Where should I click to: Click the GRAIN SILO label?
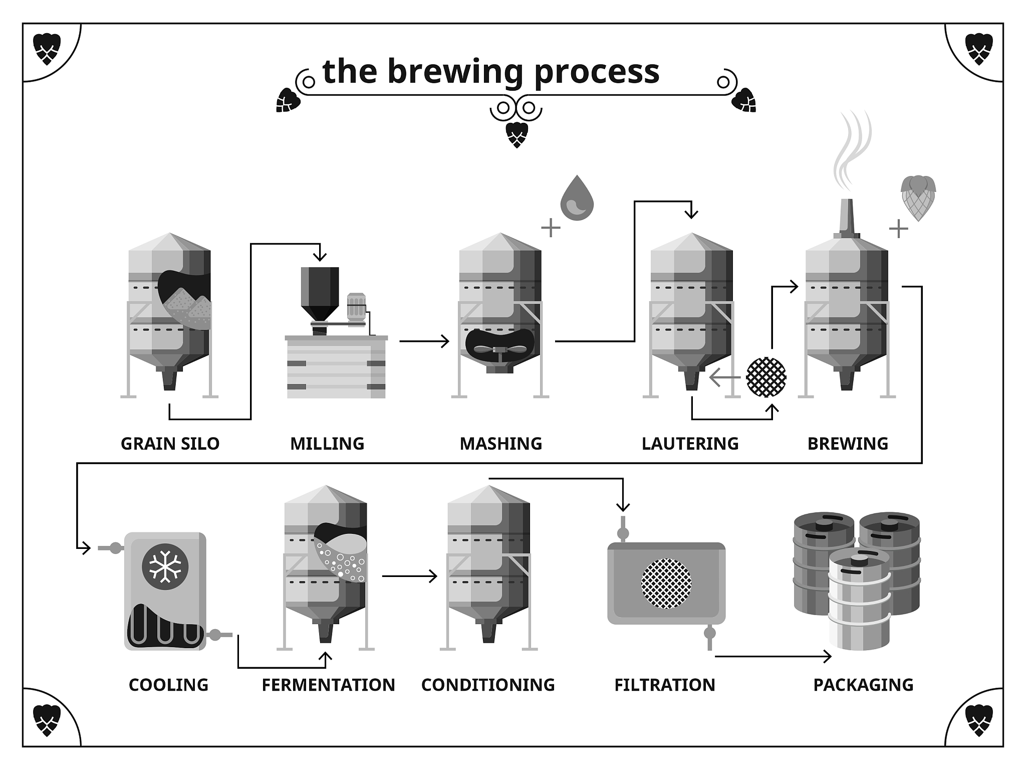(170, 444)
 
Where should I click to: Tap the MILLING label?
(327, 444)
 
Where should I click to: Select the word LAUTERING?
(690, 444)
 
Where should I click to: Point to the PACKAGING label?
(863, 685)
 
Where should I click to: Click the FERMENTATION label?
(328, 685)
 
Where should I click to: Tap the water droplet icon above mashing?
(577, 199)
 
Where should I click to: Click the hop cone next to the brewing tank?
(918, 198)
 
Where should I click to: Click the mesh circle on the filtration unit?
(666, 584)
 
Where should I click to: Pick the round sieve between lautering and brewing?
(766, 377)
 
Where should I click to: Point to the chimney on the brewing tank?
(847, 218)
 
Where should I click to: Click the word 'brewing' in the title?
(456, 72)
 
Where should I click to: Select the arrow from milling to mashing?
(424, 341)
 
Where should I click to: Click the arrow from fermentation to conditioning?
(409, 576)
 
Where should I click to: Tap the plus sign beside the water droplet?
(551, 228)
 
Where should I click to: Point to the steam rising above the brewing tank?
(852, 150)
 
